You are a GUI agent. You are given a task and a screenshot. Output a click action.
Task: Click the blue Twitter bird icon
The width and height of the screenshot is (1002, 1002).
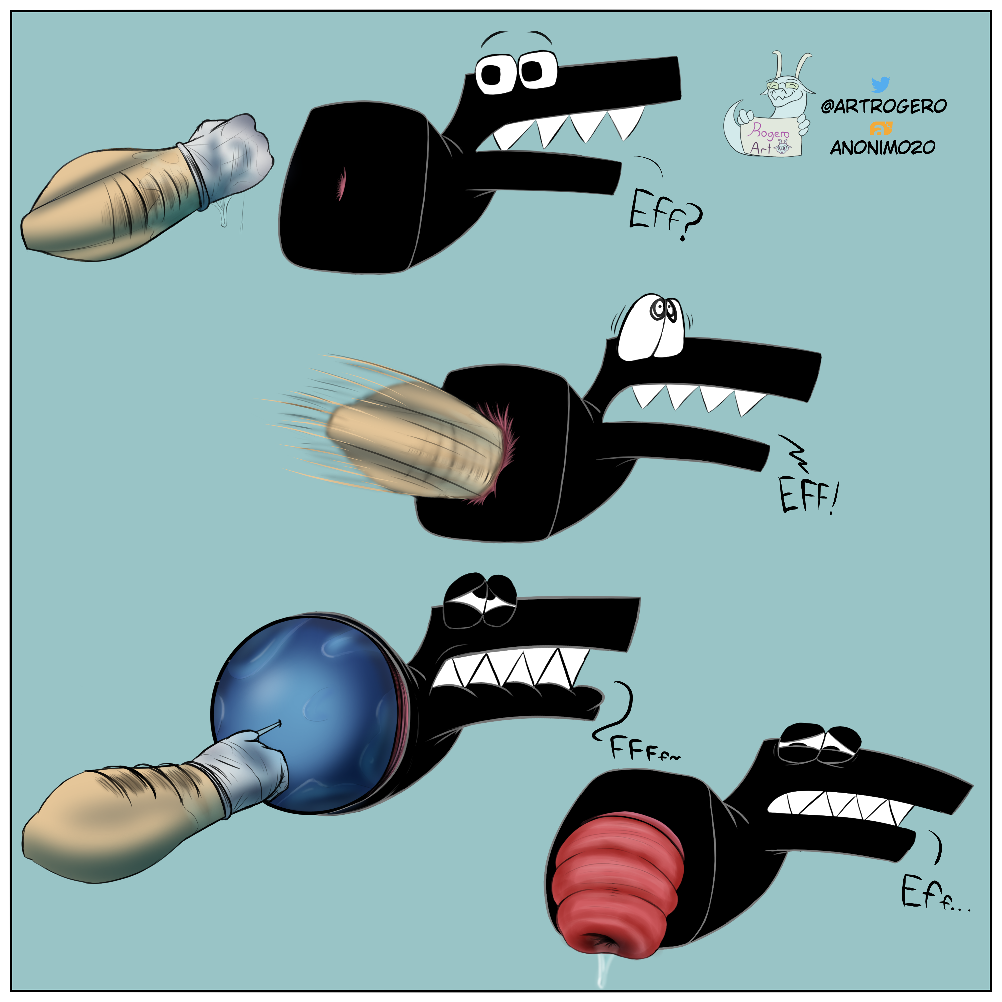point(880,84)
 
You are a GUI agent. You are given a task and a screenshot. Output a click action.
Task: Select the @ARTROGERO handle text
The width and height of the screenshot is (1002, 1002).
point(883,106)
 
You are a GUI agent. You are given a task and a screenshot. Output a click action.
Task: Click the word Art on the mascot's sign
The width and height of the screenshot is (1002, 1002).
point(760,149)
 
